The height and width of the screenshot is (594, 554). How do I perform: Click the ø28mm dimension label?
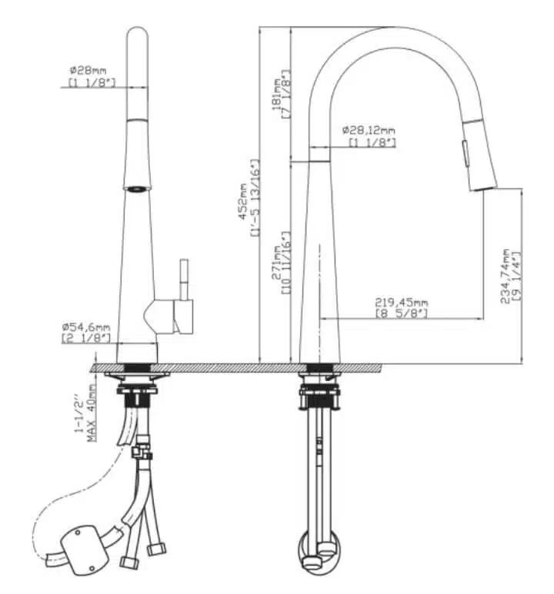click(88, 71)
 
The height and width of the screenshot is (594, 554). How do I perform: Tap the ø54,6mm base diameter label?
click(86, 327)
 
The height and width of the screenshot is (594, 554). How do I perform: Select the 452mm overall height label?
click(243, 201)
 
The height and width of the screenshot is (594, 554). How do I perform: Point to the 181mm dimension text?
click(276, 94)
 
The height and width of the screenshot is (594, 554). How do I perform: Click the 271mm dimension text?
click(276, 263)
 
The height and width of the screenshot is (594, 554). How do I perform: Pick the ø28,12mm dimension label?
click(369, 131)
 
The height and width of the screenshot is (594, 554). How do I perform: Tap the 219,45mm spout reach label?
click(402, 303)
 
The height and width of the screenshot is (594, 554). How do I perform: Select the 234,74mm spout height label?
click(505, 276)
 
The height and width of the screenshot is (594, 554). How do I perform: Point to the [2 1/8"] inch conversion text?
click(86, 338)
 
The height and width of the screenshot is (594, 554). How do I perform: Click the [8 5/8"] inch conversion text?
click(402, 314)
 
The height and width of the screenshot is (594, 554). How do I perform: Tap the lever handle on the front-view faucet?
click(184, 280)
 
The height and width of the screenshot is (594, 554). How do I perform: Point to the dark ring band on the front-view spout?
click(137, 188)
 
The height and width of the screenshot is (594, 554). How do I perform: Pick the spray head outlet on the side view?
click(484, 188)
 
